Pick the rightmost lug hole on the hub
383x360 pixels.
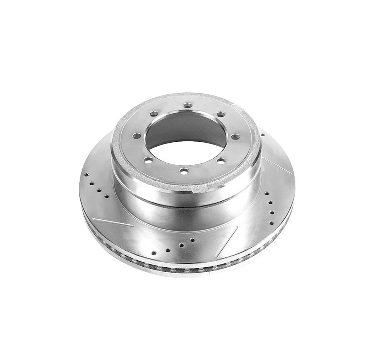(234, 136)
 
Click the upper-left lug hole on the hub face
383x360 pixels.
(153, 114)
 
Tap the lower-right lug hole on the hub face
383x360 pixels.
(221, 161)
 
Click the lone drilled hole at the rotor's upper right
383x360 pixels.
(262, 135)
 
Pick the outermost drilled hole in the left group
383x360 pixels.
(86, 175)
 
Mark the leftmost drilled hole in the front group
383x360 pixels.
(154, 253)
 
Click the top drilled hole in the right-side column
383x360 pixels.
(267, 194)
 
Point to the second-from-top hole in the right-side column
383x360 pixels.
(270, 203)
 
